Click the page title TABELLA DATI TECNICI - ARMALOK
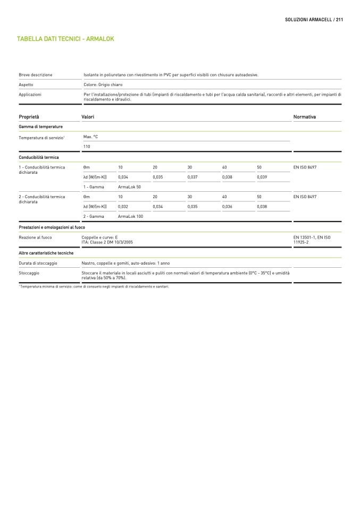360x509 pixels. click(65, 39)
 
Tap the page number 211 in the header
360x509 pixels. click(339, 19)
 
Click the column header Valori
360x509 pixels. click(88, 116)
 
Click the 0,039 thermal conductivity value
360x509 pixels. click(262, 176)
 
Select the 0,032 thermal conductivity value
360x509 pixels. click(123, 206)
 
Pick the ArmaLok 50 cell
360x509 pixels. click(129, 186)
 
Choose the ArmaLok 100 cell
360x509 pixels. click(130, 216)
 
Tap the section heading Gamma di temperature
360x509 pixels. click(41, 126)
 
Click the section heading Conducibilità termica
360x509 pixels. click(39, 157)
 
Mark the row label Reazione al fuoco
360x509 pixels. click(36, 237)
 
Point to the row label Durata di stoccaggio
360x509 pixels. click(38, 263)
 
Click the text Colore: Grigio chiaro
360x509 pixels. click(103, 84)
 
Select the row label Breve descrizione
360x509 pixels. click(36, 75)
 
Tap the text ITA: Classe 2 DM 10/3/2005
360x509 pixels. click(107, 242)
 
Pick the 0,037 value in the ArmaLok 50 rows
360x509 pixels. click(192, 176)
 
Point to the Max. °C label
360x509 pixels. click(91, 137)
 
